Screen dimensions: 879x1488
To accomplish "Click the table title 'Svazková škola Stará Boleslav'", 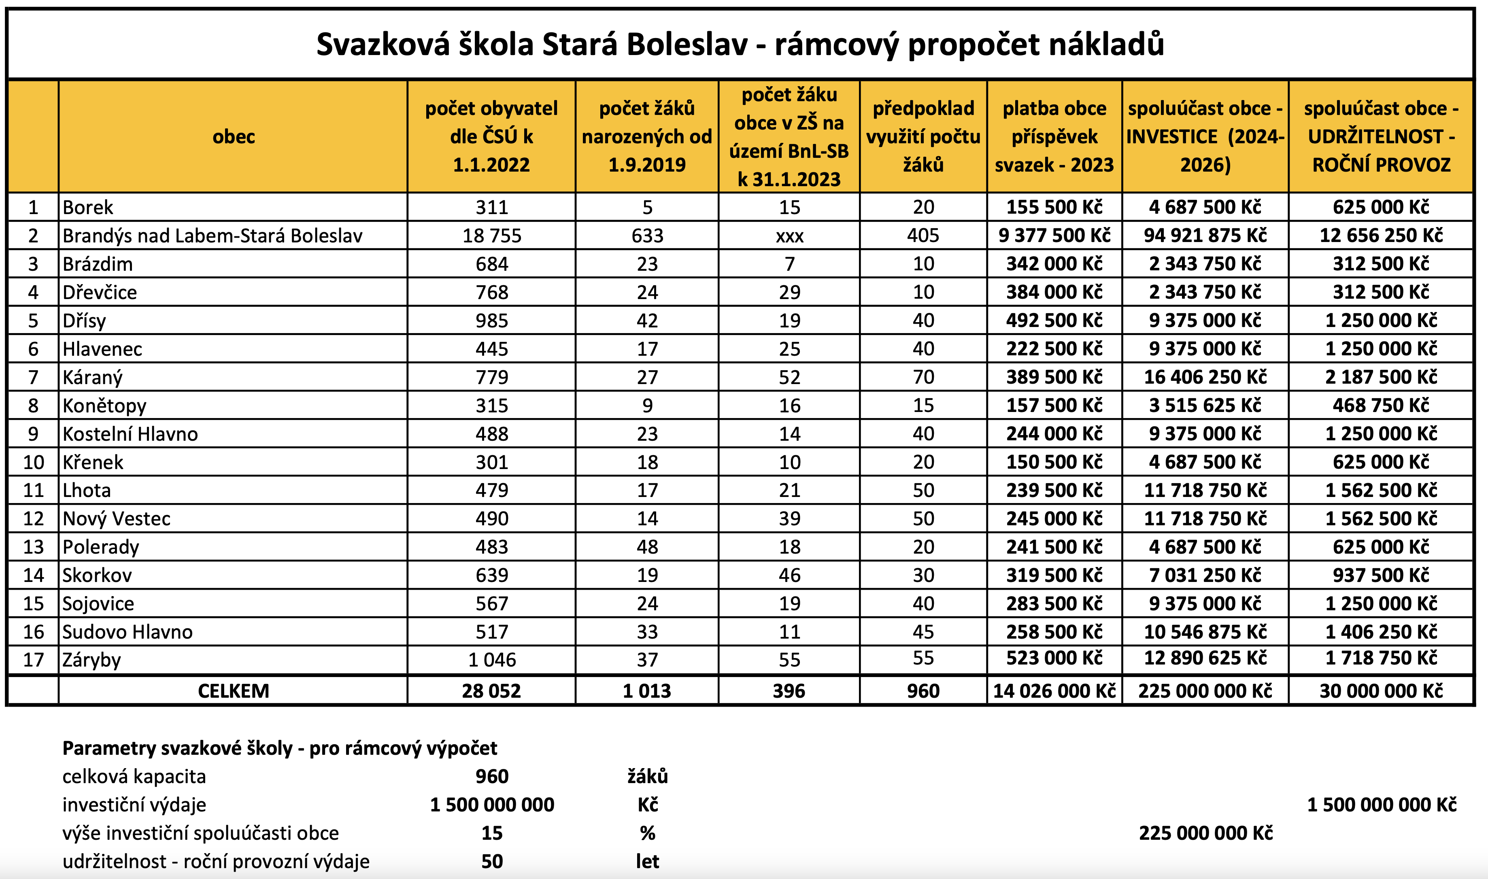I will click(740, 45).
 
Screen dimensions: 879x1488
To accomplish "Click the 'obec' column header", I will click(234, 137).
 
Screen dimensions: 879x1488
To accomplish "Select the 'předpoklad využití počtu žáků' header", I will click(923, 136).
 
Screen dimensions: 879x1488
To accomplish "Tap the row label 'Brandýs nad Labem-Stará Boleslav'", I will click(212, 236).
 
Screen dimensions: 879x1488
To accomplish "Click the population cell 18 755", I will click(492, 236).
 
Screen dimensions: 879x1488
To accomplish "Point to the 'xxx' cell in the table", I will click(789, 236).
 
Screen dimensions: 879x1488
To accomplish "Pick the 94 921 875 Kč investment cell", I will click(1205, 236).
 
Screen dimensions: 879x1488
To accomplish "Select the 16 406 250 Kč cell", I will click(1205, 377).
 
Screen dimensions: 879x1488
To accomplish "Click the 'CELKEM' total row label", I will click(234, 691).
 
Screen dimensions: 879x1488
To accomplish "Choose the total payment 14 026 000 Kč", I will click(1054, 691).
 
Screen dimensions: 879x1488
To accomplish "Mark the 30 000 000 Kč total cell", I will click(1381, 691).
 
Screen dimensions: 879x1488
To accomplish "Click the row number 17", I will click(33, 660).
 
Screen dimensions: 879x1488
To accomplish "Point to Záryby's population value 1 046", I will click(492, 660).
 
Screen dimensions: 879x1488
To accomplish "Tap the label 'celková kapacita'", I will click(134, 777).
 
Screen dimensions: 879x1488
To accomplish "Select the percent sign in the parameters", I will click(647, 833).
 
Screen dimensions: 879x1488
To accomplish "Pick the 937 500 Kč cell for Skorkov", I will click(1381, 575).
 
